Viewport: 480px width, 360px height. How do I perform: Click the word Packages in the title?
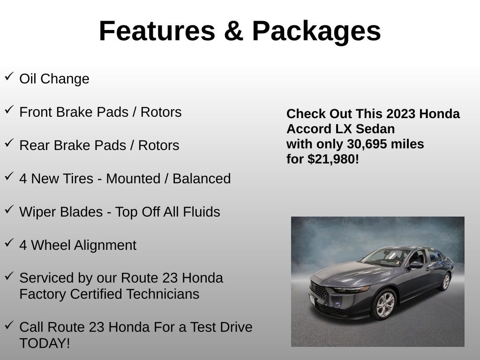[316, 31]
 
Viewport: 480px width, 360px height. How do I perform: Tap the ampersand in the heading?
[234, 31]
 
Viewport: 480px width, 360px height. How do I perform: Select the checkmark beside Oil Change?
[9, 76]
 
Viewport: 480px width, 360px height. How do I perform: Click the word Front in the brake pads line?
[36, 112]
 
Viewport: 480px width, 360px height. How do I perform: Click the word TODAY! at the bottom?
[45, 343]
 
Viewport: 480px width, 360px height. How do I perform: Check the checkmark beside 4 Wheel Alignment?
[9, 243]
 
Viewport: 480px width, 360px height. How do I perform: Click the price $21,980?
[333, 159]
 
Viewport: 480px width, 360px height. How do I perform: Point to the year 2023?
[402, 114]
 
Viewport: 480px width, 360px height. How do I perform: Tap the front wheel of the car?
[384, 305]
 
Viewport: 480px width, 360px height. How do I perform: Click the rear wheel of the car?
[445, 282]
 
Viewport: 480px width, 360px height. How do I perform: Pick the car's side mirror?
[416, 265]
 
